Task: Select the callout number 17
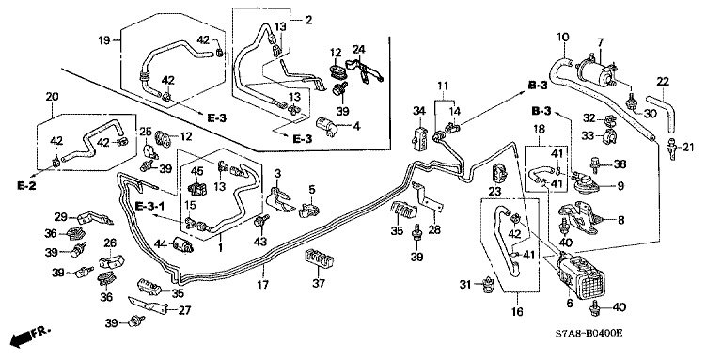click(x=262, y=285)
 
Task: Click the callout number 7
click(x=600, y=43)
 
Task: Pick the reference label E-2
click(x=26, y=185)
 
